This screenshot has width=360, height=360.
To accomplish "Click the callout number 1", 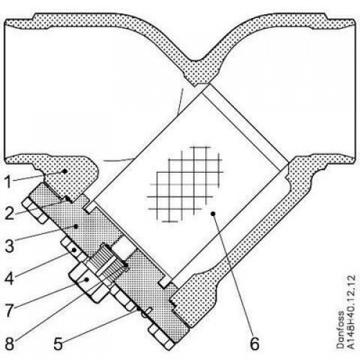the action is coord(8,182).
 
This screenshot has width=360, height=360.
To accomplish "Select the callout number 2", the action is coord(9,214).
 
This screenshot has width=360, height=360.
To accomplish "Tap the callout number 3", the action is coord(9,246).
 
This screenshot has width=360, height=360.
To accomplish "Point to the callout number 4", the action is coord(9,278).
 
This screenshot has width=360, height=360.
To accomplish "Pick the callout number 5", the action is coord(58,343).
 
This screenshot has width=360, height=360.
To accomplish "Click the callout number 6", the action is coord(255,343).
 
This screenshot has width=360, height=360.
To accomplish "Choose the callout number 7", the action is coord(9,310).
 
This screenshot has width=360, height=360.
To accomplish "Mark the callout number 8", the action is coord(9,343).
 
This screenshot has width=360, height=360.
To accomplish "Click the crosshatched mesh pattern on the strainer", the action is coord(185,184).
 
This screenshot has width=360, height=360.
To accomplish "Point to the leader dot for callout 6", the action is coord(212,213).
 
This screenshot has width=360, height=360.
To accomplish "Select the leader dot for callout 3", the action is coord(76,226).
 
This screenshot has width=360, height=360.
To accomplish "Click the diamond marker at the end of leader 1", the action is coord(64,171).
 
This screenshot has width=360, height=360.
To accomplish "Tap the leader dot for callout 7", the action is coord(87,279).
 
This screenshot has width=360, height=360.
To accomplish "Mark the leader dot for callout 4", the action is coord(74,250).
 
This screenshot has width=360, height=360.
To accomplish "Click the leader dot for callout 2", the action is coord(68,199).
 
